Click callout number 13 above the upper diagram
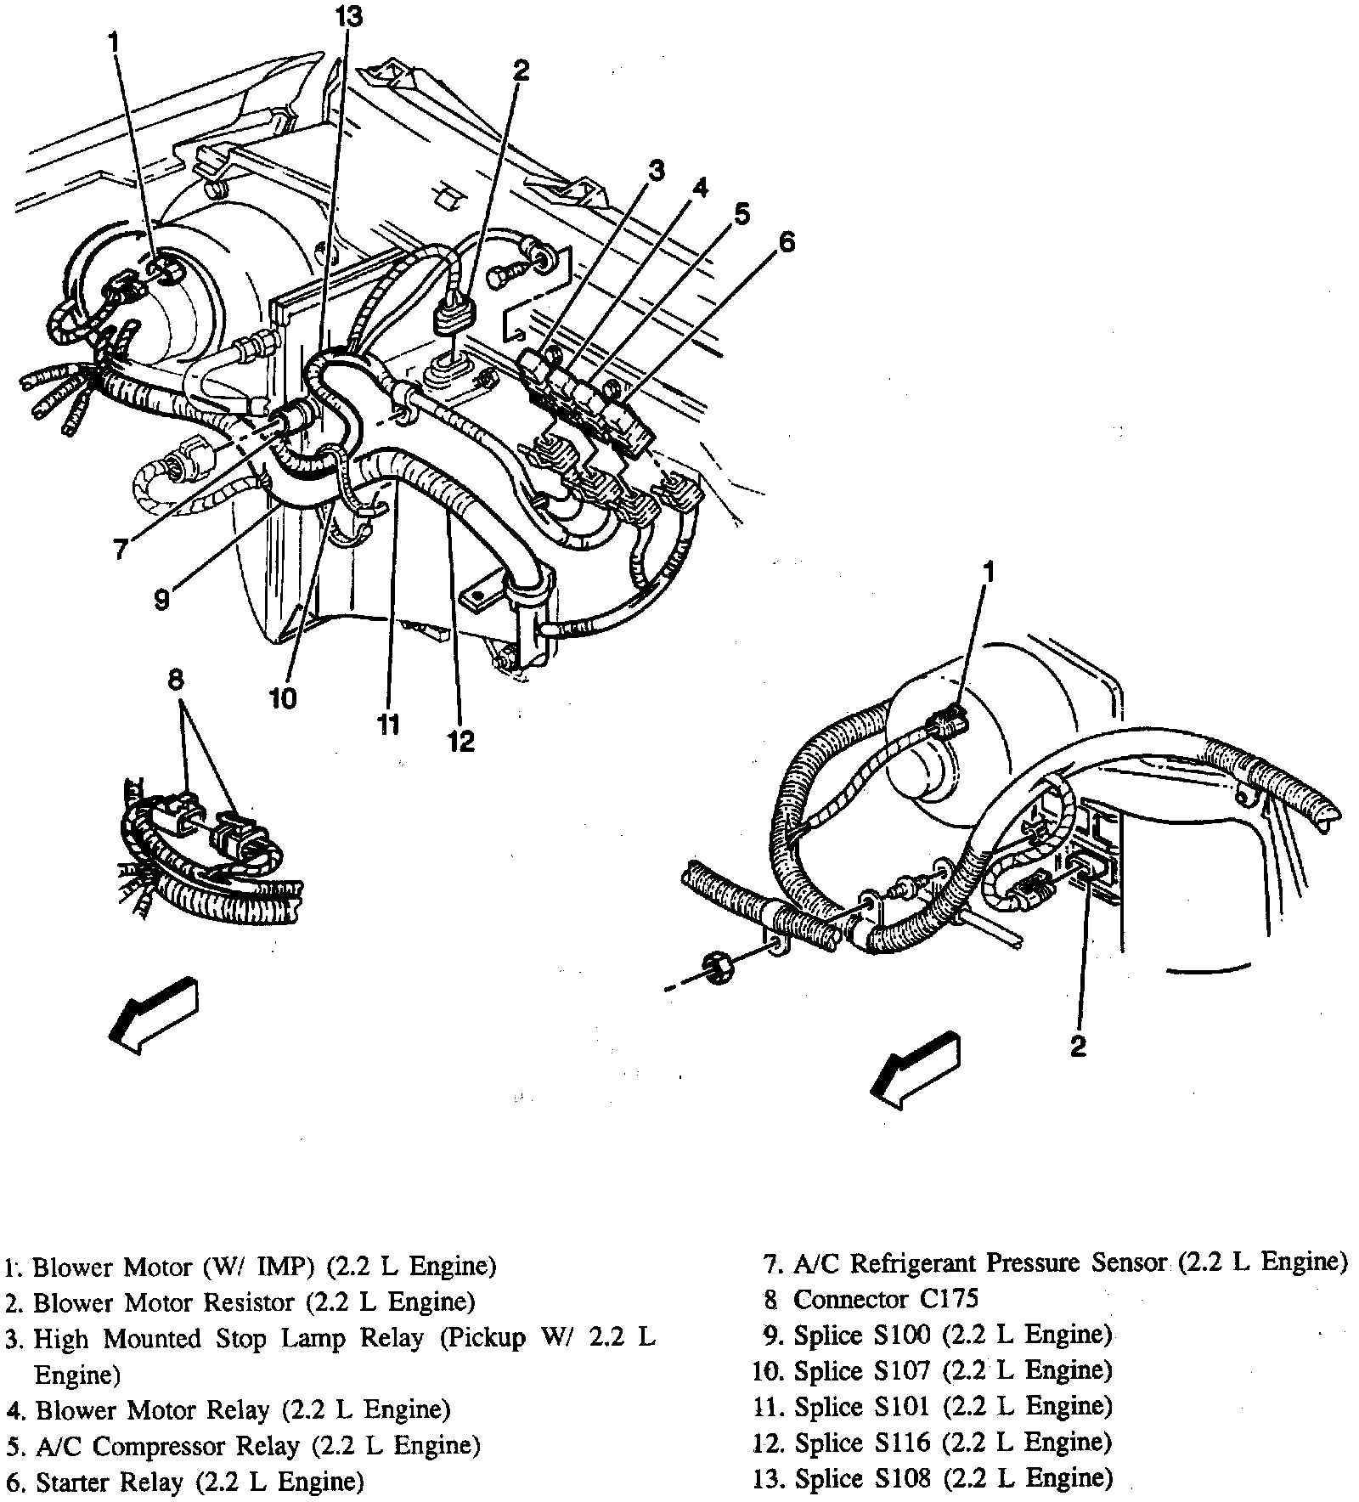[347, 17]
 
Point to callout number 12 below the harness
[460, 741]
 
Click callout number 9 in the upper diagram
[161, 600]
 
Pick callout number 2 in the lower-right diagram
[1077, 1047]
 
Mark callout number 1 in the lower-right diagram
[988, 573]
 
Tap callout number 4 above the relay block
[698, 189]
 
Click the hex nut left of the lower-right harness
[719, 968]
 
